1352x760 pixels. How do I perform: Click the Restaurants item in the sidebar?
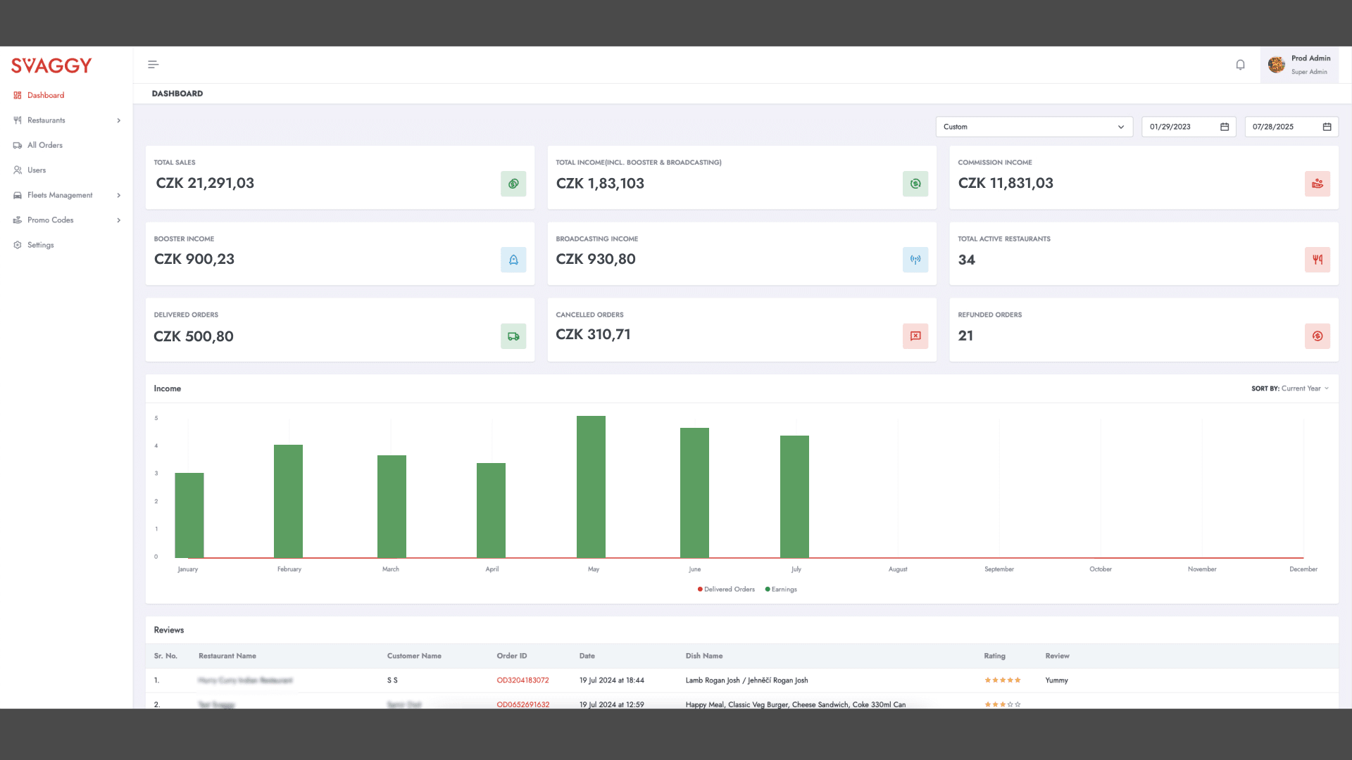[46, 120]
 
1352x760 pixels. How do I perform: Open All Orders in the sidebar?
[44, 145]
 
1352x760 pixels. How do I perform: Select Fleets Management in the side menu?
[60, 195]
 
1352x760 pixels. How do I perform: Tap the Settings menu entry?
[40, 245]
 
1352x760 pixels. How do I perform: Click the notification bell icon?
[1240, 65]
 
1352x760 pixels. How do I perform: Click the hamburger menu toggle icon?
[153, 65]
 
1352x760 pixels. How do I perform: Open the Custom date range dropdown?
[1033, 127]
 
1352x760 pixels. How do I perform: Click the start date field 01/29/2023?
[1179, 127]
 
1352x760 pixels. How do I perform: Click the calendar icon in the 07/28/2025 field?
[1327, 127]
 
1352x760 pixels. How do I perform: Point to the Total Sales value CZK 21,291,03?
[205, 183]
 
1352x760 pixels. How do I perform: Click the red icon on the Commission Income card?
[1317, 184]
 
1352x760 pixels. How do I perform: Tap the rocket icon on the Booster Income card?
[513, 260]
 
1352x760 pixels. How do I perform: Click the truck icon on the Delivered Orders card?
[513, 336]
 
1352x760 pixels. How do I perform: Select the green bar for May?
[591, 487]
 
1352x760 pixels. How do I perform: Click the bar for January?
[189, 515]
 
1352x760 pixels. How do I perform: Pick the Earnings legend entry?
[782, 590]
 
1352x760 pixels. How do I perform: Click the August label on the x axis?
[898, 569]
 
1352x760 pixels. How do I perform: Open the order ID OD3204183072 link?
[522, 680]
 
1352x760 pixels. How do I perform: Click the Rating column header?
[994, 656]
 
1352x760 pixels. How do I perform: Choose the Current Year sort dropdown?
[1304, 388]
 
